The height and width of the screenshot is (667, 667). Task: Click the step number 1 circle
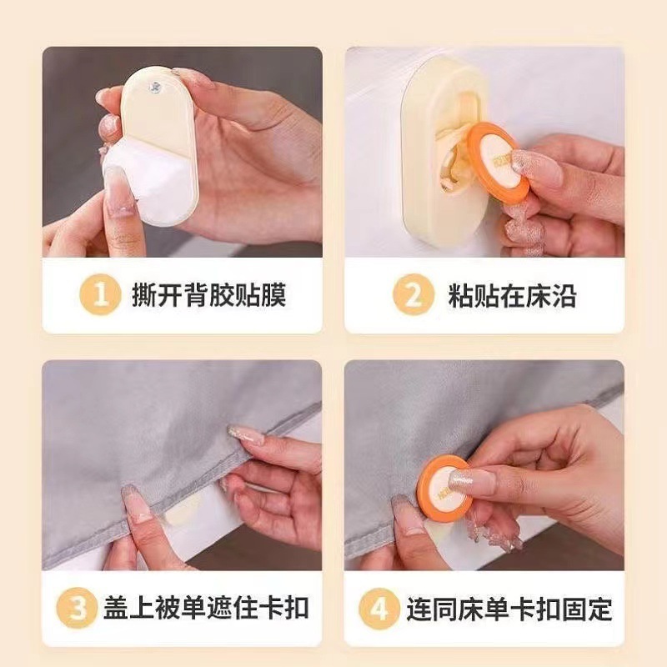click(100, 294)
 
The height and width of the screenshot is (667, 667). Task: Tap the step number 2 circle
click(414, 294)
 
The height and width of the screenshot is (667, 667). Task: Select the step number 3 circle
click(77, 608)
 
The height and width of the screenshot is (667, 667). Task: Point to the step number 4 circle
click(379, 609)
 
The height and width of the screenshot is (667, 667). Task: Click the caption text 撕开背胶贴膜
click(209, 294)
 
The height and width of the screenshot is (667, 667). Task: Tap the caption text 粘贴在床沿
click(512, 295)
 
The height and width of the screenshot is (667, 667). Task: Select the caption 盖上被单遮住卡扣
click(206, 609)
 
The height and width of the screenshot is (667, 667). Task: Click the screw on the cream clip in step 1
click(154, 88)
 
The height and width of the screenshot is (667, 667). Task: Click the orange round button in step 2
click(499, 163)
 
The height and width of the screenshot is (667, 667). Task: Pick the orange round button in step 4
click(444, 486)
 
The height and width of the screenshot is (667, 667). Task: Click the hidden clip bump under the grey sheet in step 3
click(183, 509)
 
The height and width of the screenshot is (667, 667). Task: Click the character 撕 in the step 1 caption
click(144, 294)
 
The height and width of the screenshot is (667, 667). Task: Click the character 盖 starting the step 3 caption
click(116, 609)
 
